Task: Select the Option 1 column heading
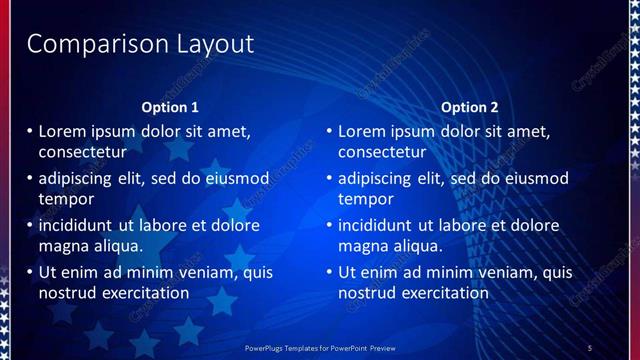[169, 107]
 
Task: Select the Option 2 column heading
[469, 107]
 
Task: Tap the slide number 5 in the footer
[589, 347]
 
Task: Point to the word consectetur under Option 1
[82, 153]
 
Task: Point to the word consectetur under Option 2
[382, 153]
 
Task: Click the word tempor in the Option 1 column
[66, 199]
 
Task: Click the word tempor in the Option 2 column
[366, 199]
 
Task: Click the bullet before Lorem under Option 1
[30, 131]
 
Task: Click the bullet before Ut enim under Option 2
[330, 272]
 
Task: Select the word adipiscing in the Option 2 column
[375, 179]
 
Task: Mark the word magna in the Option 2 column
[361, 245]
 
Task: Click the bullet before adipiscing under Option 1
[30, 178]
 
